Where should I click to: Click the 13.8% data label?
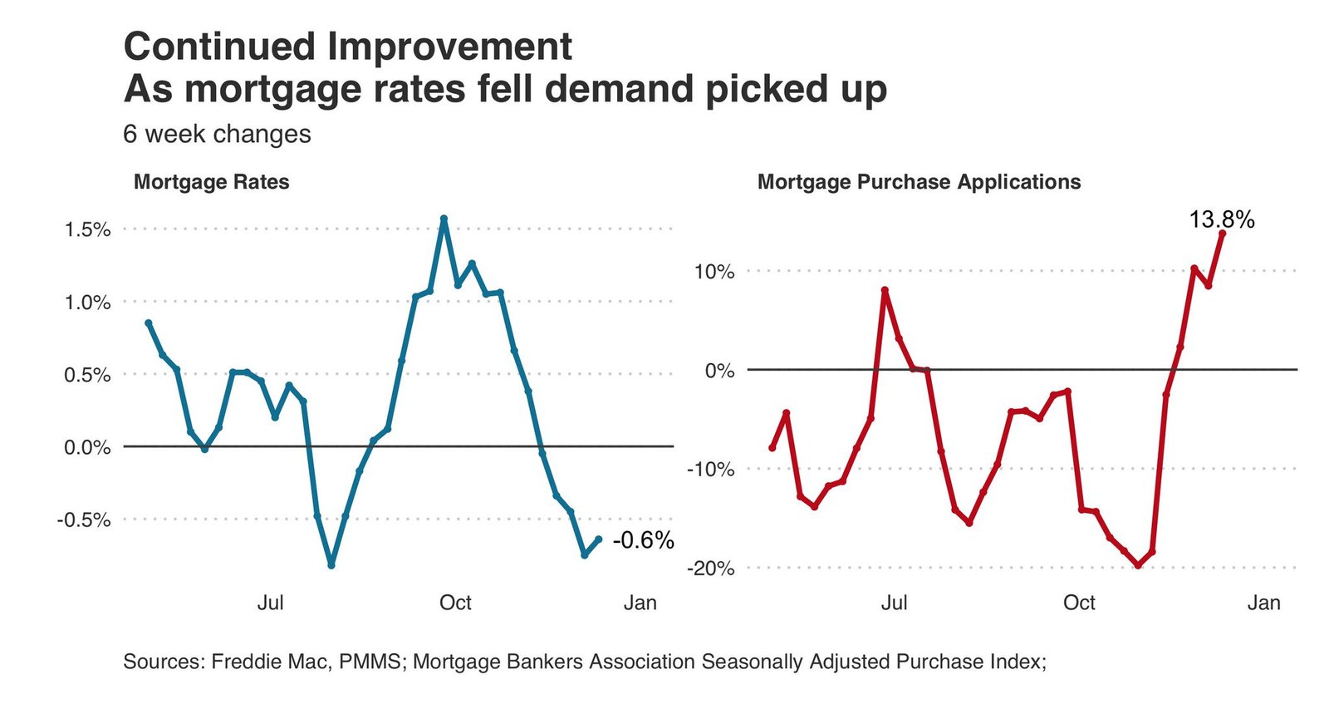point(1221,219)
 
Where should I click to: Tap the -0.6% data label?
point(643,540)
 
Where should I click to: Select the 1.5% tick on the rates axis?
point(87,229)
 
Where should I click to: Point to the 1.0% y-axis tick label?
point(87,303)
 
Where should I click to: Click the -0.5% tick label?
point(84,520)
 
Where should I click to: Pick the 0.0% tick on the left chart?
point(87,447)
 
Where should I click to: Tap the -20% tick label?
point(710,569)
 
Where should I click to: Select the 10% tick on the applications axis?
point(714,272)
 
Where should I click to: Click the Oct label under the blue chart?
point(455,603)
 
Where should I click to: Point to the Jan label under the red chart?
point(1263,603)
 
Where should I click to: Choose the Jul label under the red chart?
point(894,603)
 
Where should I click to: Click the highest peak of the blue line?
point(444,219)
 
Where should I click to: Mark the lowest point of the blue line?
point(331,565)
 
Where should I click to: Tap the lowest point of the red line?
point(1138,565)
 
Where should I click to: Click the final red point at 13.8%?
point(1222,234)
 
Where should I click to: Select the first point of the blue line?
point(149,322)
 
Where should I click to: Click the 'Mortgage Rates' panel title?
point(211,182)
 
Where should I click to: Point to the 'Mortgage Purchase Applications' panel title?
point(919,182)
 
